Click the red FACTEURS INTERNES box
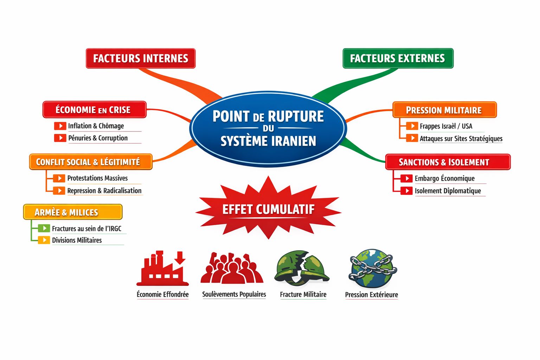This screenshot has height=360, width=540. coord(141,58)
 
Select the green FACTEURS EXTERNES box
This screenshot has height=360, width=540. coord(398,58)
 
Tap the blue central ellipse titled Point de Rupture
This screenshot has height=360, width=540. coord(268,128)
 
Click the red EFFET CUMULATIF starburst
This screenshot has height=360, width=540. coord(268,209)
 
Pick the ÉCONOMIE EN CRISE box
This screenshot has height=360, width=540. coord(94,110)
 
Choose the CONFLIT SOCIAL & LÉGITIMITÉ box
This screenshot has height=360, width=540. coord(90,162)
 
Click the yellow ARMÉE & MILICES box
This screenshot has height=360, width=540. coord(73,212)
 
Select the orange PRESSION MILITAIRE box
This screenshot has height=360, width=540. coord(444,110)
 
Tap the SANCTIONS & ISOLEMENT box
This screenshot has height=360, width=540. coord(448,162)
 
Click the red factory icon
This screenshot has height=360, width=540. coord(162,269)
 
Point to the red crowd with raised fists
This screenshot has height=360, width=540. coord(232,269)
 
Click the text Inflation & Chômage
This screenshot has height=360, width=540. coord(96,126)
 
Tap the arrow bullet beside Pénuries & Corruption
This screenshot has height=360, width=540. coord(60,138)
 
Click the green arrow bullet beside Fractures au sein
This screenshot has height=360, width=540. coord(44,228)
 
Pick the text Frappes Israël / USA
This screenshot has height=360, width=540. coord(446,126)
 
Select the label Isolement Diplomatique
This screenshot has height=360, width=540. coord(448,191)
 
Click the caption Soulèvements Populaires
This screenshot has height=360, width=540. coord(234,294)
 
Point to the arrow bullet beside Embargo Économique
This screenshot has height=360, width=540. coord(406,178)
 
